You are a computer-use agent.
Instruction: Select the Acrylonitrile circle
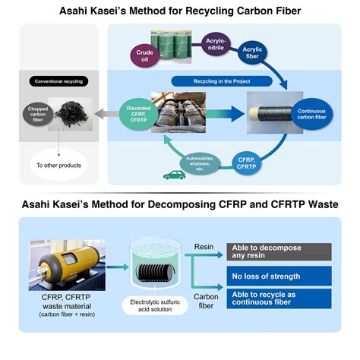(216, 45)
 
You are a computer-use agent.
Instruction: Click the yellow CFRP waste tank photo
(65, 262)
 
